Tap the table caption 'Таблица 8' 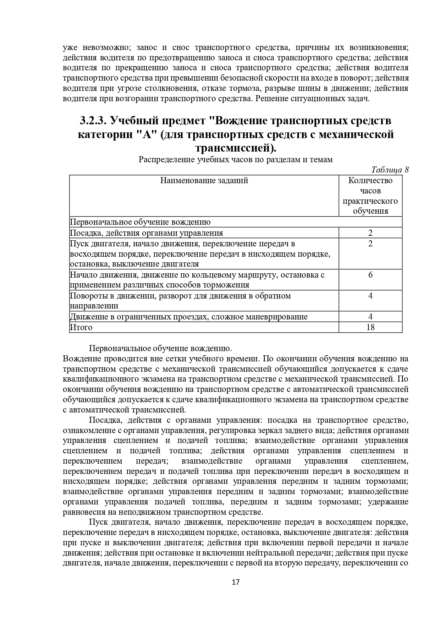click(x=390, y=170)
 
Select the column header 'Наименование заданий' click(x=204, y=180)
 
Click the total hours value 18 click(x=370, y=327)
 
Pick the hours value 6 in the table click(x=370, y=275)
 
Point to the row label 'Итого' click(x=81, y=327)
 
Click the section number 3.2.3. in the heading click(x=93, y=121)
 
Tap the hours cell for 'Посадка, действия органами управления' click(x=370, y=233)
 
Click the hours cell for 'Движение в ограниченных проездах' click(x=370, y=317)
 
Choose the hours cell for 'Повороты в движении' click(x=370, y=296)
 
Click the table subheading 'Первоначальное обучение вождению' click(x=140, y=222)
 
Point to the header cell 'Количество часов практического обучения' click(x=370, y=196)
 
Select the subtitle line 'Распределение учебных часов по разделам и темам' click(x=236, y=159)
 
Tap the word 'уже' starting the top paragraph click(x=70, y=48)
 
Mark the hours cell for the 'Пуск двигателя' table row click(x=370, y=244)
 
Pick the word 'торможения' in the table click(x=229, y=285)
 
